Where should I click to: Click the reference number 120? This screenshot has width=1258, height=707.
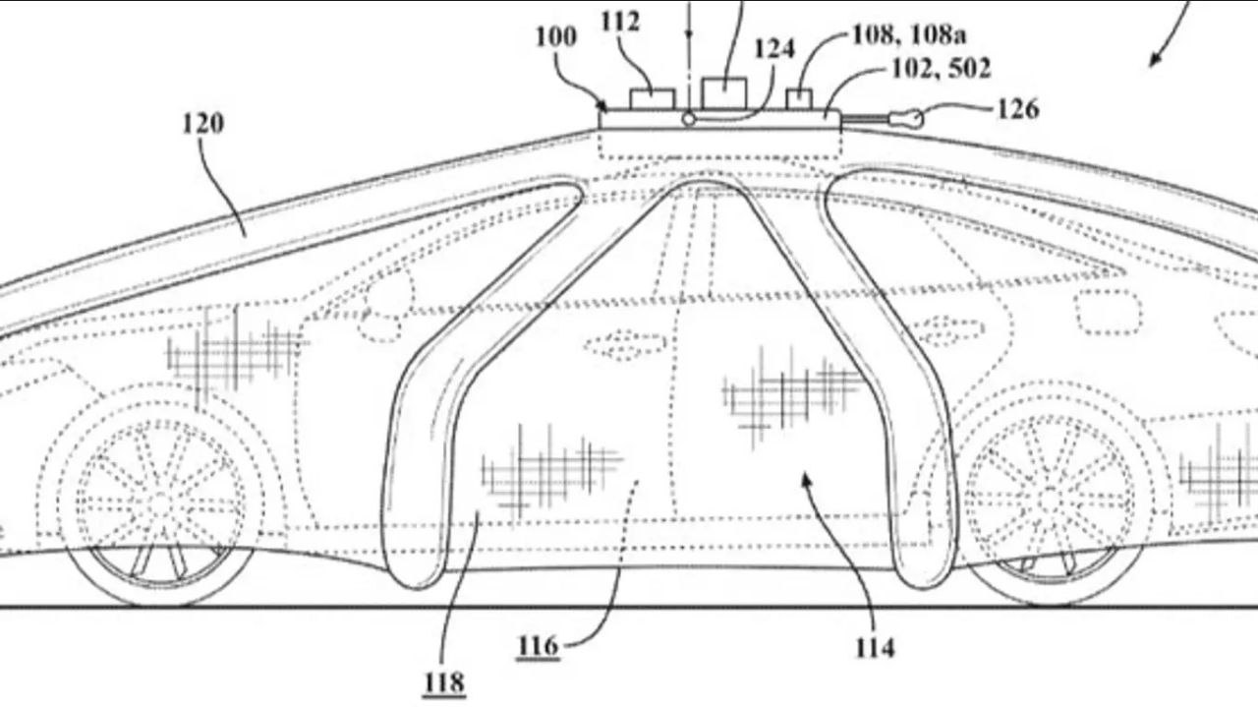coord(203,124)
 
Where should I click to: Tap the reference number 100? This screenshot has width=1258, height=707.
coord(556,37)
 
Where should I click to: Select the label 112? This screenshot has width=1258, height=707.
coord(620,22)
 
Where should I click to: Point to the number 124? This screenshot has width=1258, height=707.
coord(774,49)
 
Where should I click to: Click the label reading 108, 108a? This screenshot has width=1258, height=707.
coord(909,34)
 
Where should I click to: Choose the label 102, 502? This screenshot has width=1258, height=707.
coord(942,69)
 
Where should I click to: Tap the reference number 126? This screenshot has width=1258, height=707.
coord(1018,109)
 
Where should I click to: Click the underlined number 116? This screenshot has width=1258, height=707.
coord(538,646)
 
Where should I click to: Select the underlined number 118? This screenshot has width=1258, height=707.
coord(444,683)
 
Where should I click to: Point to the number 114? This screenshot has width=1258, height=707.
coord(876,649)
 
